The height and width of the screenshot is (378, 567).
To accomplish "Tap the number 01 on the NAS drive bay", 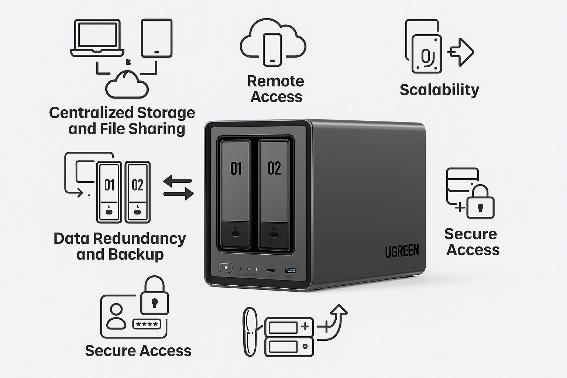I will [236, 168].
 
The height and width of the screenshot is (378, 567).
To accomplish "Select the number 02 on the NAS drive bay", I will [274, 168].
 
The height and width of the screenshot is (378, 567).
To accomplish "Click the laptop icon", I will [97, 38].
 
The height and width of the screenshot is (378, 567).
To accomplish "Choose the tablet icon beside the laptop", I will [157, 38].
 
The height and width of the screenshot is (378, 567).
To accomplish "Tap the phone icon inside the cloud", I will [272, 49].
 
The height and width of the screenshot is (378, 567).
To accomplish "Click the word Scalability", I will [439, 90].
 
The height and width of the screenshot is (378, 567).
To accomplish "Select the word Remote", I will [275, 81].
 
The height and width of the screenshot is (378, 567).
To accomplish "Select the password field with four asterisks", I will [147, 324].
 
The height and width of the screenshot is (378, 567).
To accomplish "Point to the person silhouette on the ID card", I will [116, 317].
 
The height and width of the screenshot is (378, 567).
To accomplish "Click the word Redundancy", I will [140, 238].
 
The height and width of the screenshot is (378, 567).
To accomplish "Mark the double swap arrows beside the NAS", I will [178, 187].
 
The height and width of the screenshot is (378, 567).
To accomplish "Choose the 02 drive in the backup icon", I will [137, 192].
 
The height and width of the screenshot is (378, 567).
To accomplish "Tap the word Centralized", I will [91, 113].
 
